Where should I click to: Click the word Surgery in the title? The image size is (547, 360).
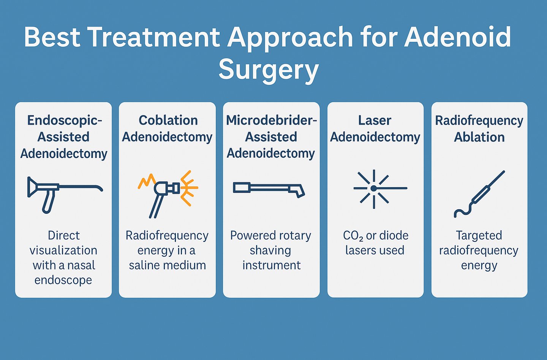click(269, 69)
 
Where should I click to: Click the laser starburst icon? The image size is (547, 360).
click(374, 189)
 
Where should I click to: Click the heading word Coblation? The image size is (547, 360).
click(168, 120)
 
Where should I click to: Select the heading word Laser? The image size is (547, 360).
click(375, 120)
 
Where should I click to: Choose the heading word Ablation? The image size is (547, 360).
click(479, 137)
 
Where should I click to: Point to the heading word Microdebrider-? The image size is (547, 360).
click(271, 120)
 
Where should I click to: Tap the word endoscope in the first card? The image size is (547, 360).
click(63, 280)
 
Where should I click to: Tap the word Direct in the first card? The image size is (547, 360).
click(64, 235)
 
